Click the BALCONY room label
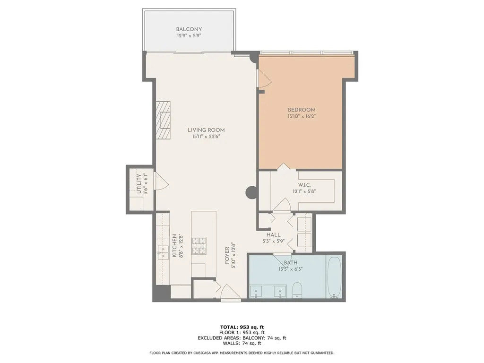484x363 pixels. (189, 29)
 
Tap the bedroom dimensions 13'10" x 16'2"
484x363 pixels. (302, 116)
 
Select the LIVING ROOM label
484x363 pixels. (206, 130)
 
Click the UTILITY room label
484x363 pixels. (139, 184)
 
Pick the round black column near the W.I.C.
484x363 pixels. (251, 193)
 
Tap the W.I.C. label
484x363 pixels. (304, 185)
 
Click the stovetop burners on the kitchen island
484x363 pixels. (199, 246)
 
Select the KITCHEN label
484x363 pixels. (174, 246)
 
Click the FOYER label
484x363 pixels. (227, 256)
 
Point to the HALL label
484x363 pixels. (274, 235)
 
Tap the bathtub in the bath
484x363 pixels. (334, 277)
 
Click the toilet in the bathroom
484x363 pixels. (297, 290)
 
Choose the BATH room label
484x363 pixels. (291, 263)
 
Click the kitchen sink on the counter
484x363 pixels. (163, 252)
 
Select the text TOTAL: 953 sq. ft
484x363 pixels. (242, 327)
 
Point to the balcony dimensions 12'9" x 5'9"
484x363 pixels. (189, 36)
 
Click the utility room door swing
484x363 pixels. (161, 181)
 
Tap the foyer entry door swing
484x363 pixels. (231, 292)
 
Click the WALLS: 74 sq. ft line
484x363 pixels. (242, 343)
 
